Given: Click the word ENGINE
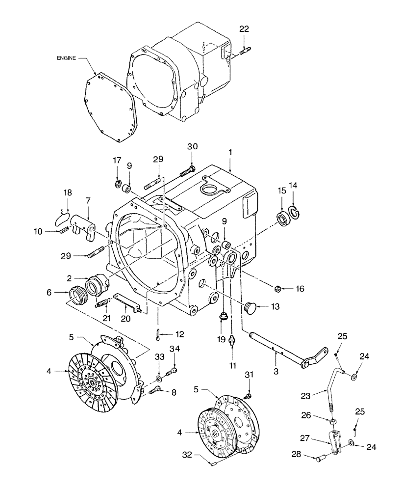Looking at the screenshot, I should pos(66,57).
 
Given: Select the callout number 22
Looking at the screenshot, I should pos(244,29).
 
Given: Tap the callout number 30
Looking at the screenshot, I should pos(192,146).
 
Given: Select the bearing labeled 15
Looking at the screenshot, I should pos(283,218).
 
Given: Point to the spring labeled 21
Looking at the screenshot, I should pos(102,304).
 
